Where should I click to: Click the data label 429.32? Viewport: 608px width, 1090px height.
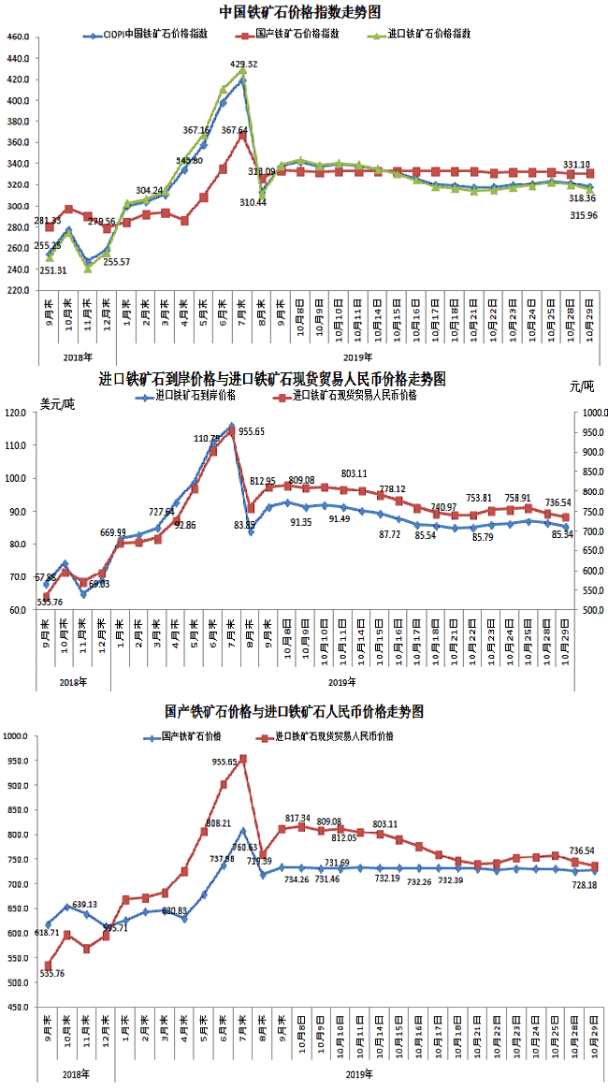[x=244, y=64]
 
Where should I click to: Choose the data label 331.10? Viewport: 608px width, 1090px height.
[x=578, y=165]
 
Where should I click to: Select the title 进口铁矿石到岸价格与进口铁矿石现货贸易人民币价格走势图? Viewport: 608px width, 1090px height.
[x=272, y=379]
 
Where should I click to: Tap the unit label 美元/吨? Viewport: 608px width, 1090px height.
[x=58, y=404]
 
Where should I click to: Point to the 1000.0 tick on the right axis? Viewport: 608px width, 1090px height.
[x=595, y=413]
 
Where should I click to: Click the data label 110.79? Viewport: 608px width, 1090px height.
[x=208, y=438]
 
